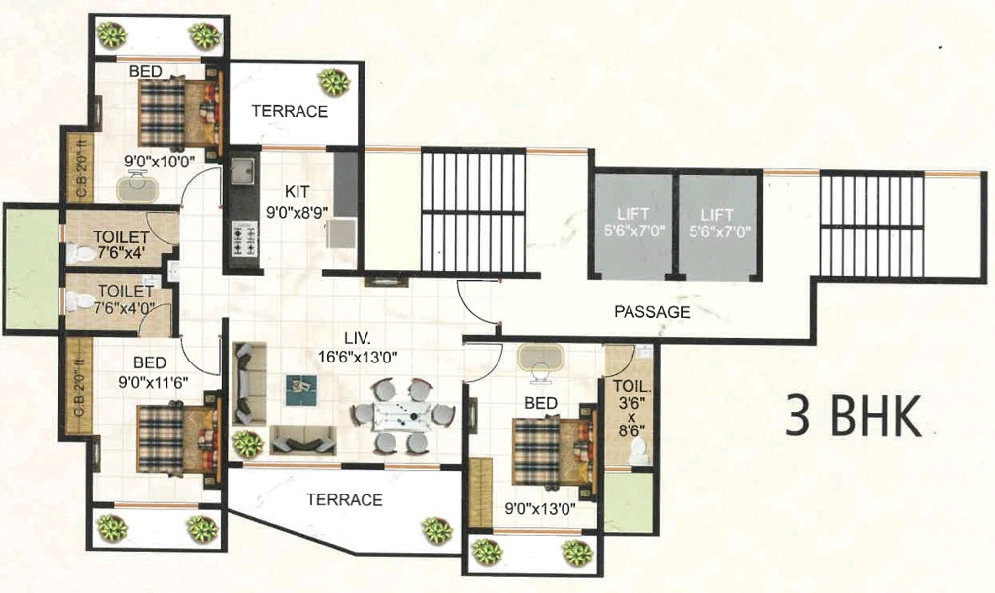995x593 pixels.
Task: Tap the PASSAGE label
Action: [x=651, y=312]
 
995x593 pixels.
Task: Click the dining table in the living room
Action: [x=403, y=415]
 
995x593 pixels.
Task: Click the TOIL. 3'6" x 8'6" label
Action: [x=630, y=414]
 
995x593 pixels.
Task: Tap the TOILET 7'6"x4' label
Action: [x=121, y=244]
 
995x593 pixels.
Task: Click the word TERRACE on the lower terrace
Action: [x=344, y=500]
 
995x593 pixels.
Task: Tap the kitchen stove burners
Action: [x=242, y=237]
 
